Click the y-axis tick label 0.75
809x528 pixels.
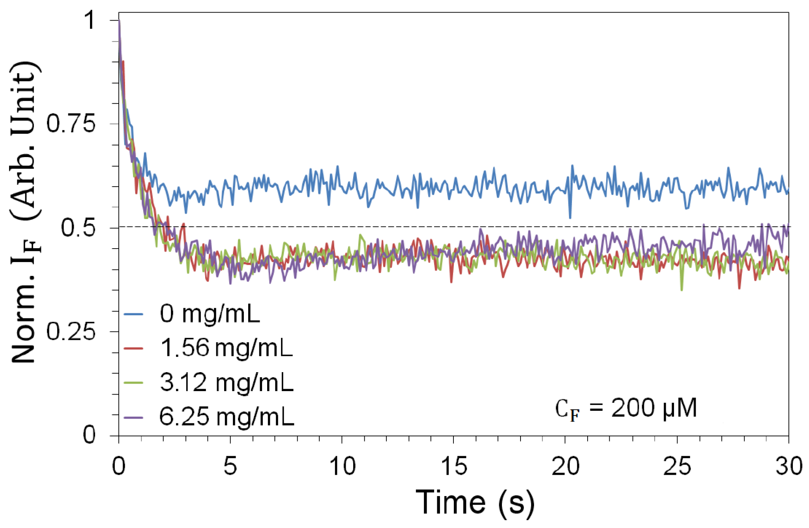coord(71,124)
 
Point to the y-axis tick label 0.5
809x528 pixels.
coord(78,228)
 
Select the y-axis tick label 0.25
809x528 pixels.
coord(71,331)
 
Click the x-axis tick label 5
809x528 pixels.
coord(230,466)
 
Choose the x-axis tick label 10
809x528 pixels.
coord(342,466)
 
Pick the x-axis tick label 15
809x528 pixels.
coord(453,466)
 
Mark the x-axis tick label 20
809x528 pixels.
coord(565,466)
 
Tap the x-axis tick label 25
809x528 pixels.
coord(677,466)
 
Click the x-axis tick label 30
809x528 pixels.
coord(788,466)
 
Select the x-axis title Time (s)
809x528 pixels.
coord(475,502)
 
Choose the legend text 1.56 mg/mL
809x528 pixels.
coord(227,348)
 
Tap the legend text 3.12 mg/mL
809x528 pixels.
coord(227,382)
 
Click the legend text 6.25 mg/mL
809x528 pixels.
coord(227,417)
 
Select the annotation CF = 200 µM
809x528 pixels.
coord(626,409)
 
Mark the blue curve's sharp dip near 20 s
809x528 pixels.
coord(570,217)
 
